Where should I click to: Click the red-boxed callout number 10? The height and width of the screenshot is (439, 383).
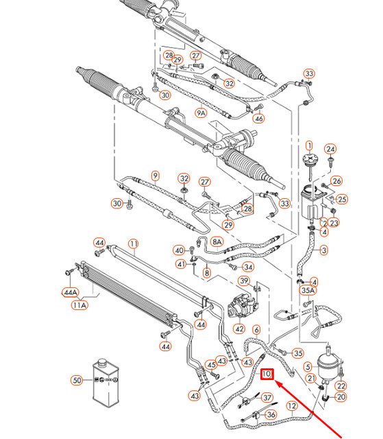268,374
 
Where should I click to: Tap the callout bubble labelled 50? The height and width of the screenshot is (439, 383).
77,380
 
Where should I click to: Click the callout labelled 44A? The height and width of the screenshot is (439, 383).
71,292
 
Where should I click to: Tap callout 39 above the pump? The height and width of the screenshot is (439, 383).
243,281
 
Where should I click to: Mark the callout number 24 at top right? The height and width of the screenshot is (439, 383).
330,149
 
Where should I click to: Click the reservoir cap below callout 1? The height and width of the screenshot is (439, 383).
308,165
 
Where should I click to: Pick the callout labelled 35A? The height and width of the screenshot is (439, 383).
309,291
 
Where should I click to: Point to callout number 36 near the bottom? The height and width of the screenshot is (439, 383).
271,414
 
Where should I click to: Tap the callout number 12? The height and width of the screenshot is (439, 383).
291,406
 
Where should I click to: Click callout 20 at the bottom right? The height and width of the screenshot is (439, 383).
341,396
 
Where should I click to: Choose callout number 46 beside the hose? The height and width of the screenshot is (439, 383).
258,118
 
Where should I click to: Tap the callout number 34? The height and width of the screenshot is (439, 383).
248,267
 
